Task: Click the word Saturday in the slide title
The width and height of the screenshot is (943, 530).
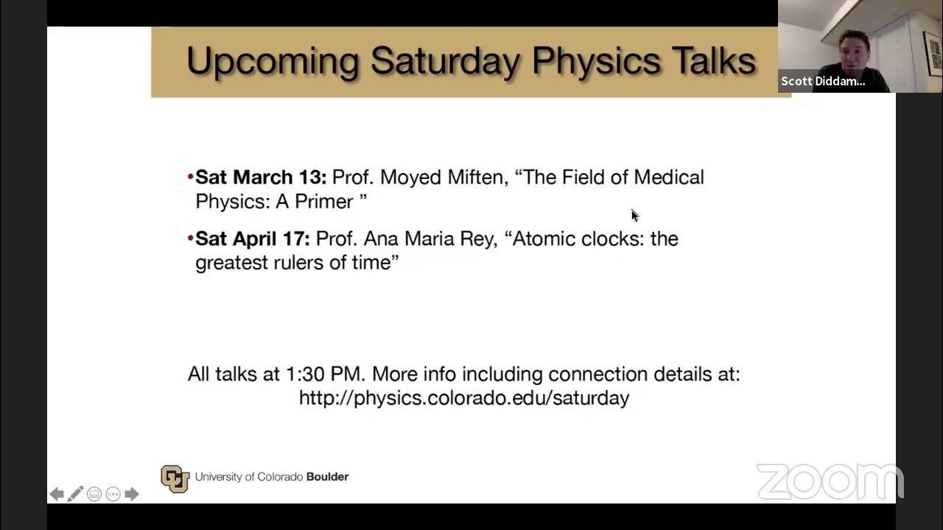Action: tap(446, 61)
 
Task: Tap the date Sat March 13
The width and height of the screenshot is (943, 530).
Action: tap(261, 177)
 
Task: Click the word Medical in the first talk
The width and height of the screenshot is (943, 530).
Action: tap(668, 177)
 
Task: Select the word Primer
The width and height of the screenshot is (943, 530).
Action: tap(324, 202)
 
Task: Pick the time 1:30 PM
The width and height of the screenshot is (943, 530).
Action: tap(325, 374)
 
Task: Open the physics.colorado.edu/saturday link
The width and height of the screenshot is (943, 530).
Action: tap(463, 398)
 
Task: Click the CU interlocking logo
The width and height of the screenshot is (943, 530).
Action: tap(175, 478)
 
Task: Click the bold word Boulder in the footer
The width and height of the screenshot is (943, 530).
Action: tap(327, 477)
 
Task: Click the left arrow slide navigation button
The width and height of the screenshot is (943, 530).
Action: tap(57, 494)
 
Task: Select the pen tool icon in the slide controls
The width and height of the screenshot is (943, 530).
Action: tap(75, 494)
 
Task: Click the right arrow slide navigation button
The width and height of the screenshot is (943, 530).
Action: tap(132, 494)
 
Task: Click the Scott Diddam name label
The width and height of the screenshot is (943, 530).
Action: tap(823, 81)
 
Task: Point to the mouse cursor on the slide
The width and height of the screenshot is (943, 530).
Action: tap(634, 215)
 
